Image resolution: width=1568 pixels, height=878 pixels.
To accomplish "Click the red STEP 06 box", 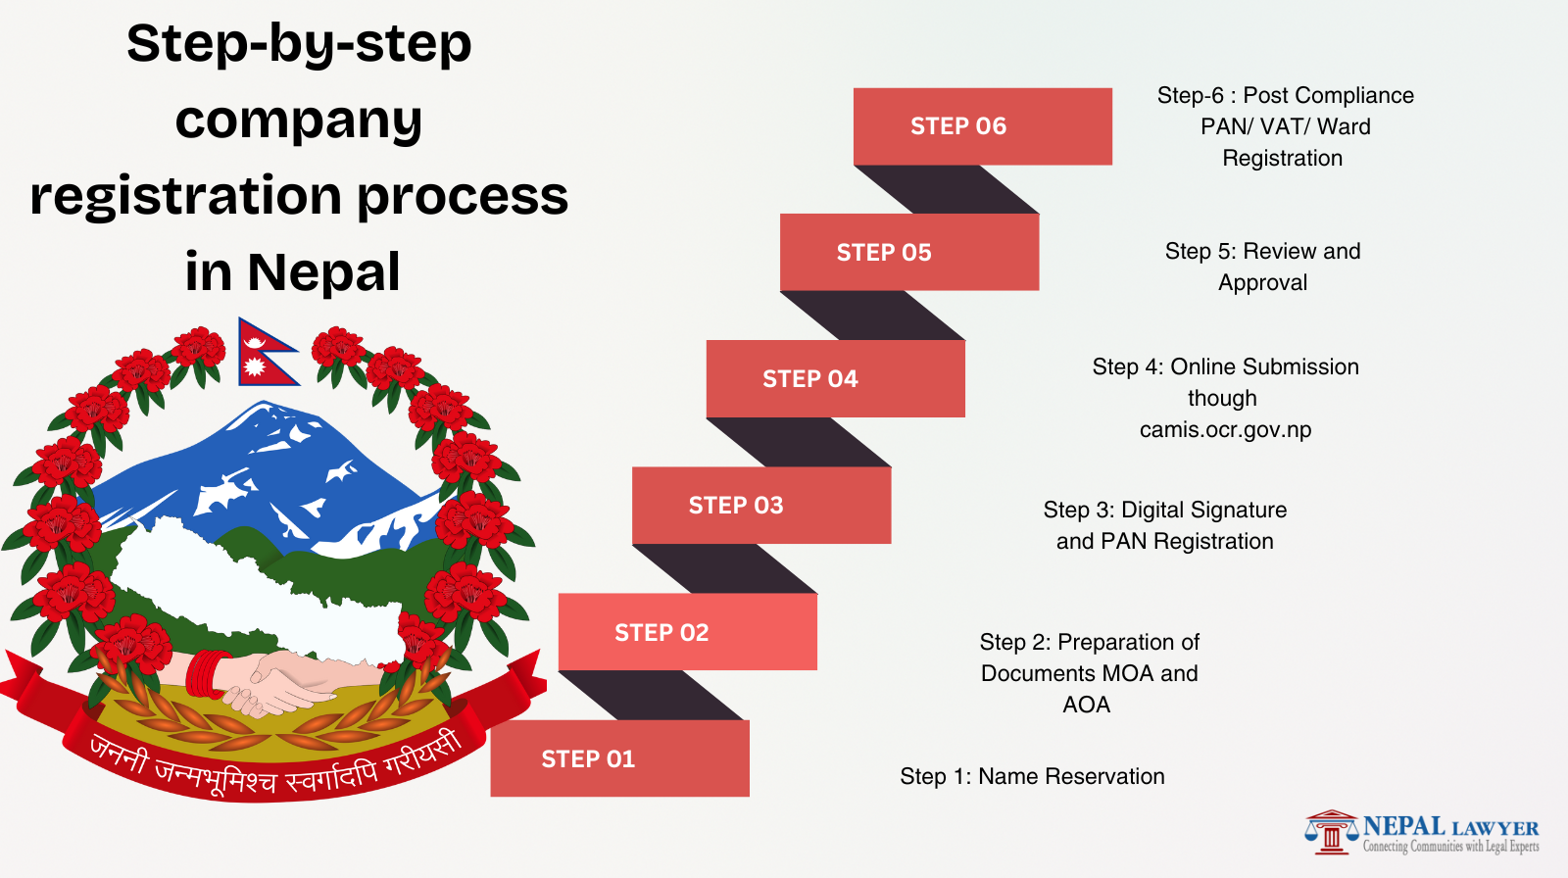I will coord(982,126).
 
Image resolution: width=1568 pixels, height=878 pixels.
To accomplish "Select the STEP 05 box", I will coord(908,252).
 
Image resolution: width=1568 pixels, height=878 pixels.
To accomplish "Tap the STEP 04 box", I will coord(835,378).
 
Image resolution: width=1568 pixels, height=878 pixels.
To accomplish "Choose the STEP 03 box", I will coord(761,505).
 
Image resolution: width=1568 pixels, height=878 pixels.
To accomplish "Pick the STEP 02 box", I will coord(687,632).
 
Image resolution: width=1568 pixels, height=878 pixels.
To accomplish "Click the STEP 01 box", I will coord(619,758).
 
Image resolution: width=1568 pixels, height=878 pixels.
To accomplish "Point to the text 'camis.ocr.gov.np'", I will coord(1225,429).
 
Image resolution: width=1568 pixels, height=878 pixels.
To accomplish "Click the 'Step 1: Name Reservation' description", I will coord(1032,776).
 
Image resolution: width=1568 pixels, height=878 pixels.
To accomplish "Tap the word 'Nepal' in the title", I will coord(323,271).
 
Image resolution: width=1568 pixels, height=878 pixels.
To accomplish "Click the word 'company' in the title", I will coord(299,121).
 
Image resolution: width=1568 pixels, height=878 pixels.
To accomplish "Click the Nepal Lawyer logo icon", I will coord(1330,833).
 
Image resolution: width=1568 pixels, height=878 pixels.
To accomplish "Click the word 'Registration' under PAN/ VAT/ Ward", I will coord(1282,158).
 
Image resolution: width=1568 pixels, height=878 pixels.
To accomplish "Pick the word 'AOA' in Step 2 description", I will coord(1086,705).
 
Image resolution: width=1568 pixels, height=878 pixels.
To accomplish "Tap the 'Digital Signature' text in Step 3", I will coord(1203,510).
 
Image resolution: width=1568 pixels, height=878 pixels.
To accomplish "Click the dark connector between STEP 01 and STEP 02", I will coord(651,695).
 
